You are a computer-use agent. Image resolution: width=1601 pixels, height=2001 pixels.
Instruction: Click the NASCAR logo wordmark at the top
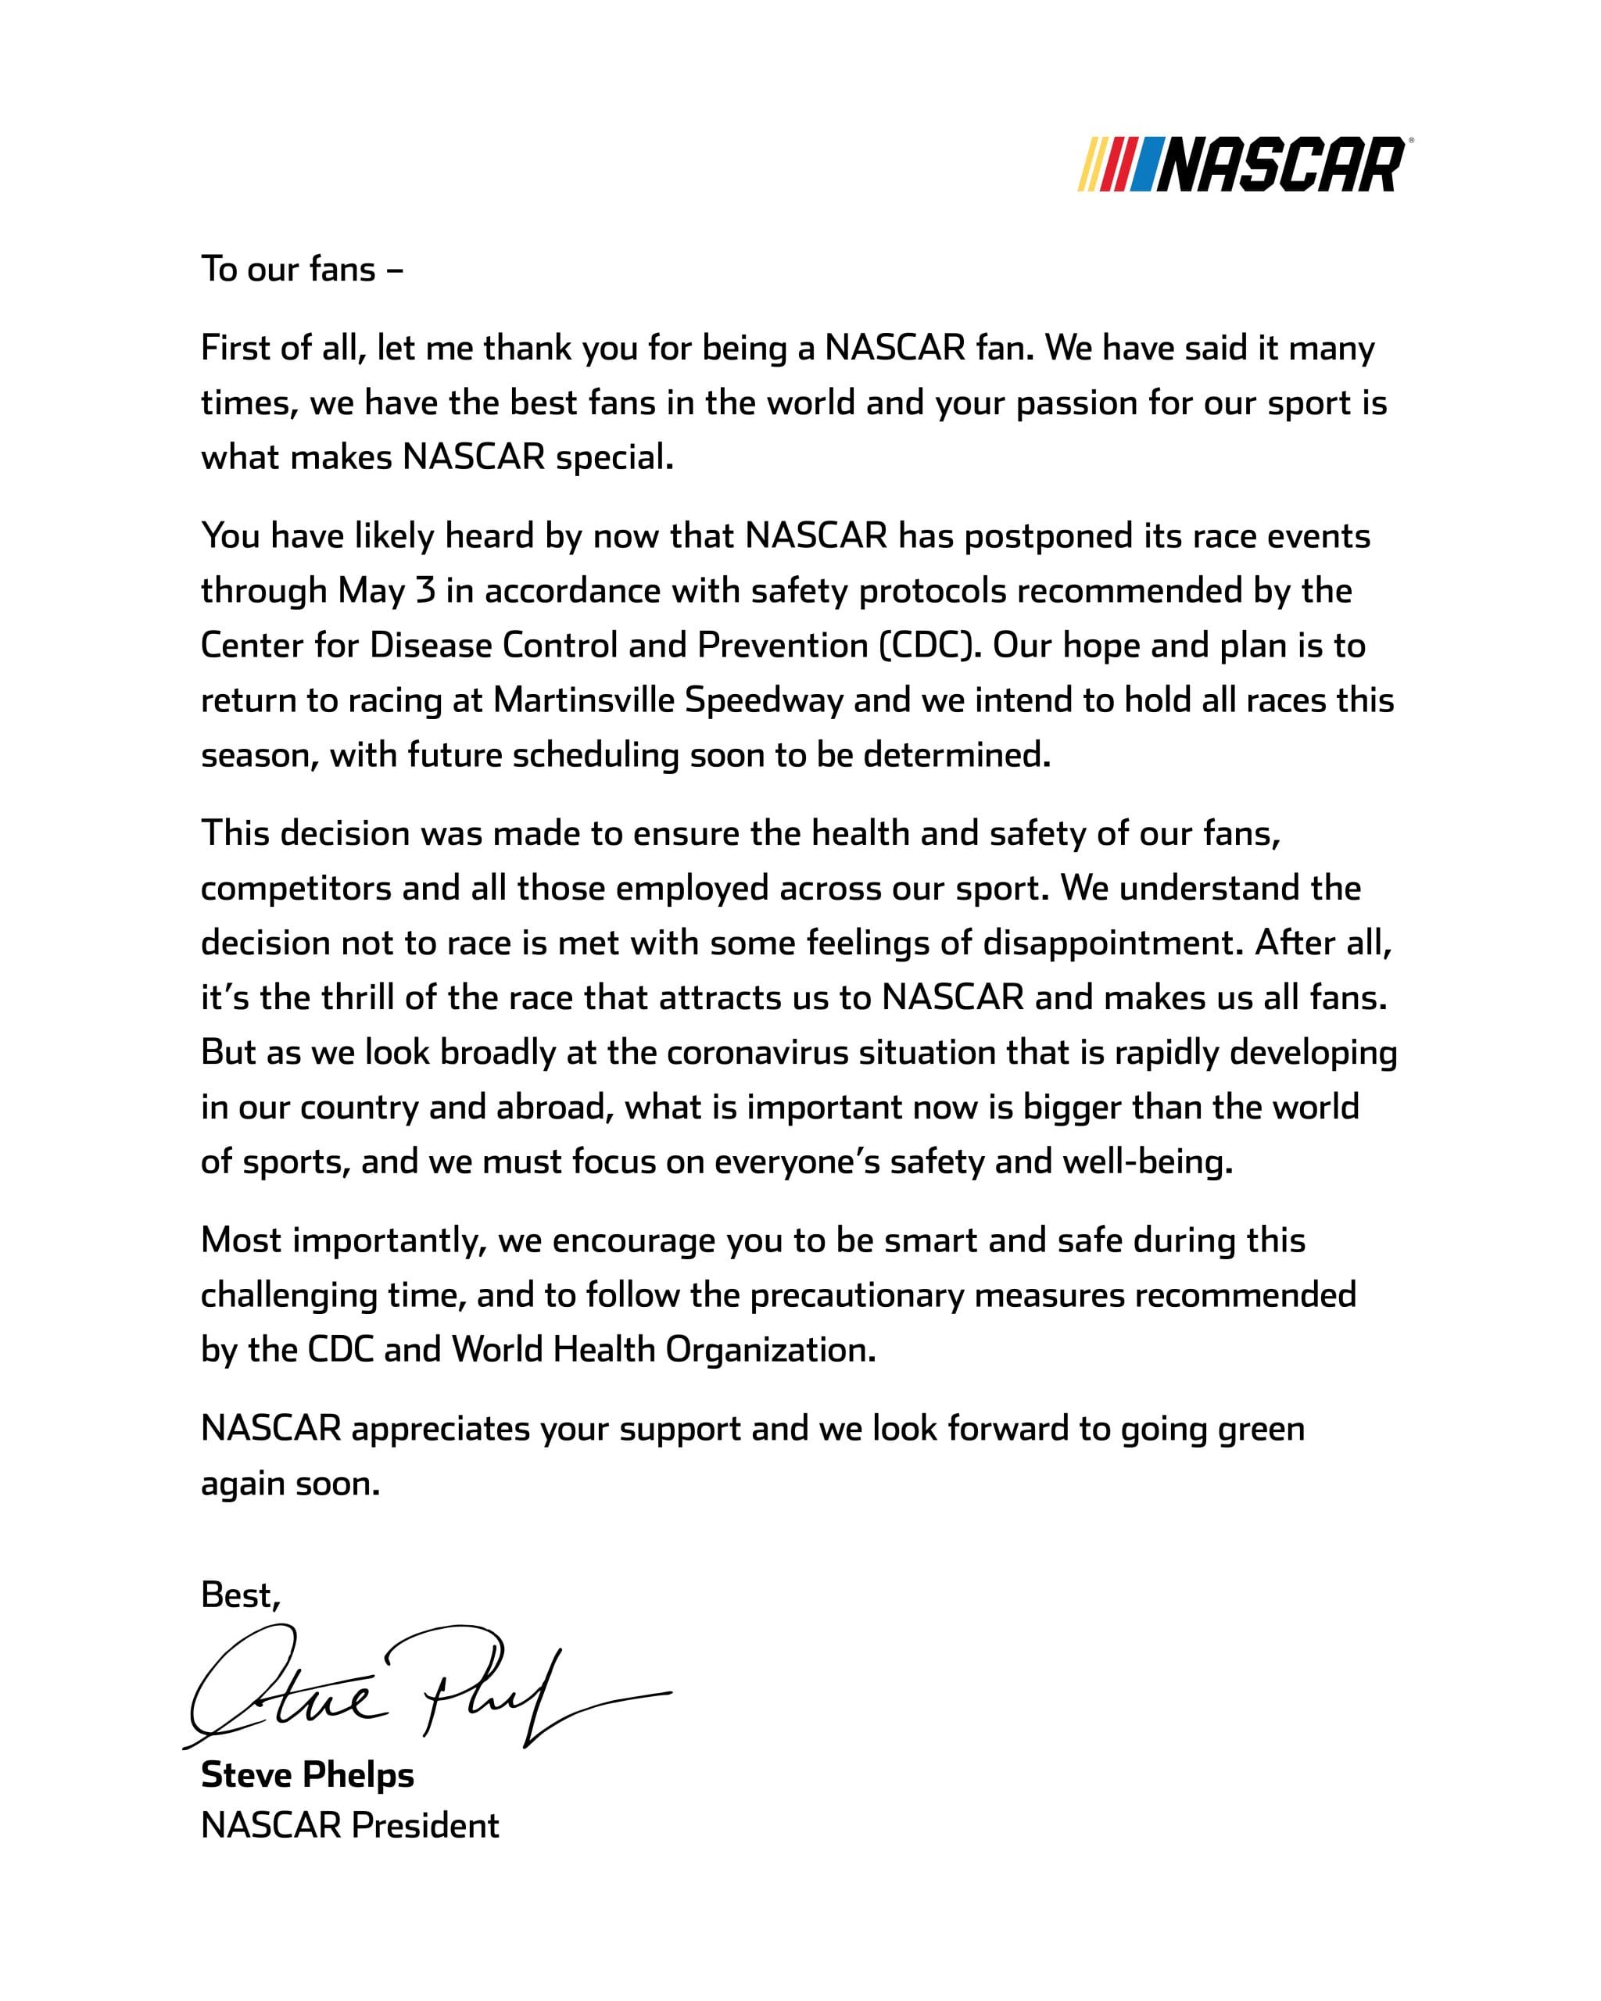[1280, 165]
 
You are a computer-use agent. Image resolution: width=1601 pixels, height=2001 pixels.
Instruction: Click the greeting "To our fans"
[302, 269]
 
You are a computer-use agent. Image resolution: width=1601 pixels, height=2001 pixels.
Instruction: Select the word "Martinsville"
[584, 700]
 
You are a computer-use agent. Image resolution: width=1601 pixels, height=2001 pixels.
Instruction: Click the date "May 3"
[386, 590]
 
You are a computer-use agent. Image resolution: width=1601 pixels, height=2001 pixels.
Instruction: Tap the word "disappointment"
[1113, 943]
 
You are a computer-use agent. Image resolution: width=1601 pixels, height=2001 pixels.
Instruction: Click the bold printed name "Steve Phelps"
[307, 1774]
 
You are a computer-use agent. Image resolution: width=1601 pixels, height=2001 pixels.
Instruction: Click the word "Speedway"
[764, 700]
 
